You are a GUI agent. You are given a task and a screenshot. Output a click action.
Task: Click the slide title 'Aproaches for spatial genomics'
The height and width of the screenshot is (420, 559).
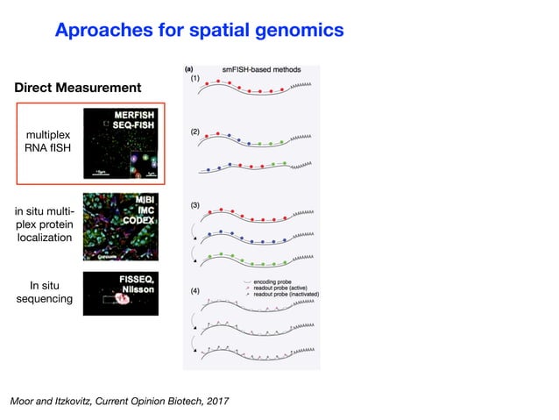pos(199,31)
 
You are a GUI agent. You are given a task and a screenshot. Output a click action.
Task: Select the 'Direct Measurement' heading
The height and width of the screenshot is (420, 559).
pos(77,88)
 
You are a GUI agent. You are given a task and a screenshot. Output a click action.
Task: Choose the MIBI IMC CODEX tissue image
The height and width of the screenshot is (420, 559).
pos(120,227)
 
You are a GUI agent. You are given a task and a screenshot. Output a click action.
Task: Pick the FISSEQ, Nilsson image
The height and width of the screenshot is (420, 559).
pos(120,293)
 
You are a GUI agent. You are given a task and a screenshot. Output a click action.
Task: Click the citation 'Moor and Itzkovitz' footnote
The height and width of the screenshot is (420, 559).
pos(119,401)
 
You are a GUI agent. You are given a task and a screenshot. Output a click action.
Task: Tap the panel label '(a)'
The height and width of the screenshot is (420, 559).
pos(190,67)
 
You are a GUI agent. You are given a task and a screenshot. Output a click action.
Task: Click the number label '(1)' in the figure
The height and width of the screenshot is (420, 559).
pos(196,79)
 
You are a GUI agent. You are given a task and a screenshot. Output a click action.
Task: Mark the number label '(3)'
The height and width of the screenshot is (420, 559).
pos(196,205)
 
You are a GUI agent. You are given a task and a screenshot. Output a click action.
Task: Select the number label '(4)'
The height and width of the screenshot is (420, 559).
pos(196,290)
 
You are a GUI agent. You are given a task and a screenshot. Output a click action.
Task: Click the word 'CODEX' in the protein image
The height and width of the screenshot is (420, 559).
pos(138,221)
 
